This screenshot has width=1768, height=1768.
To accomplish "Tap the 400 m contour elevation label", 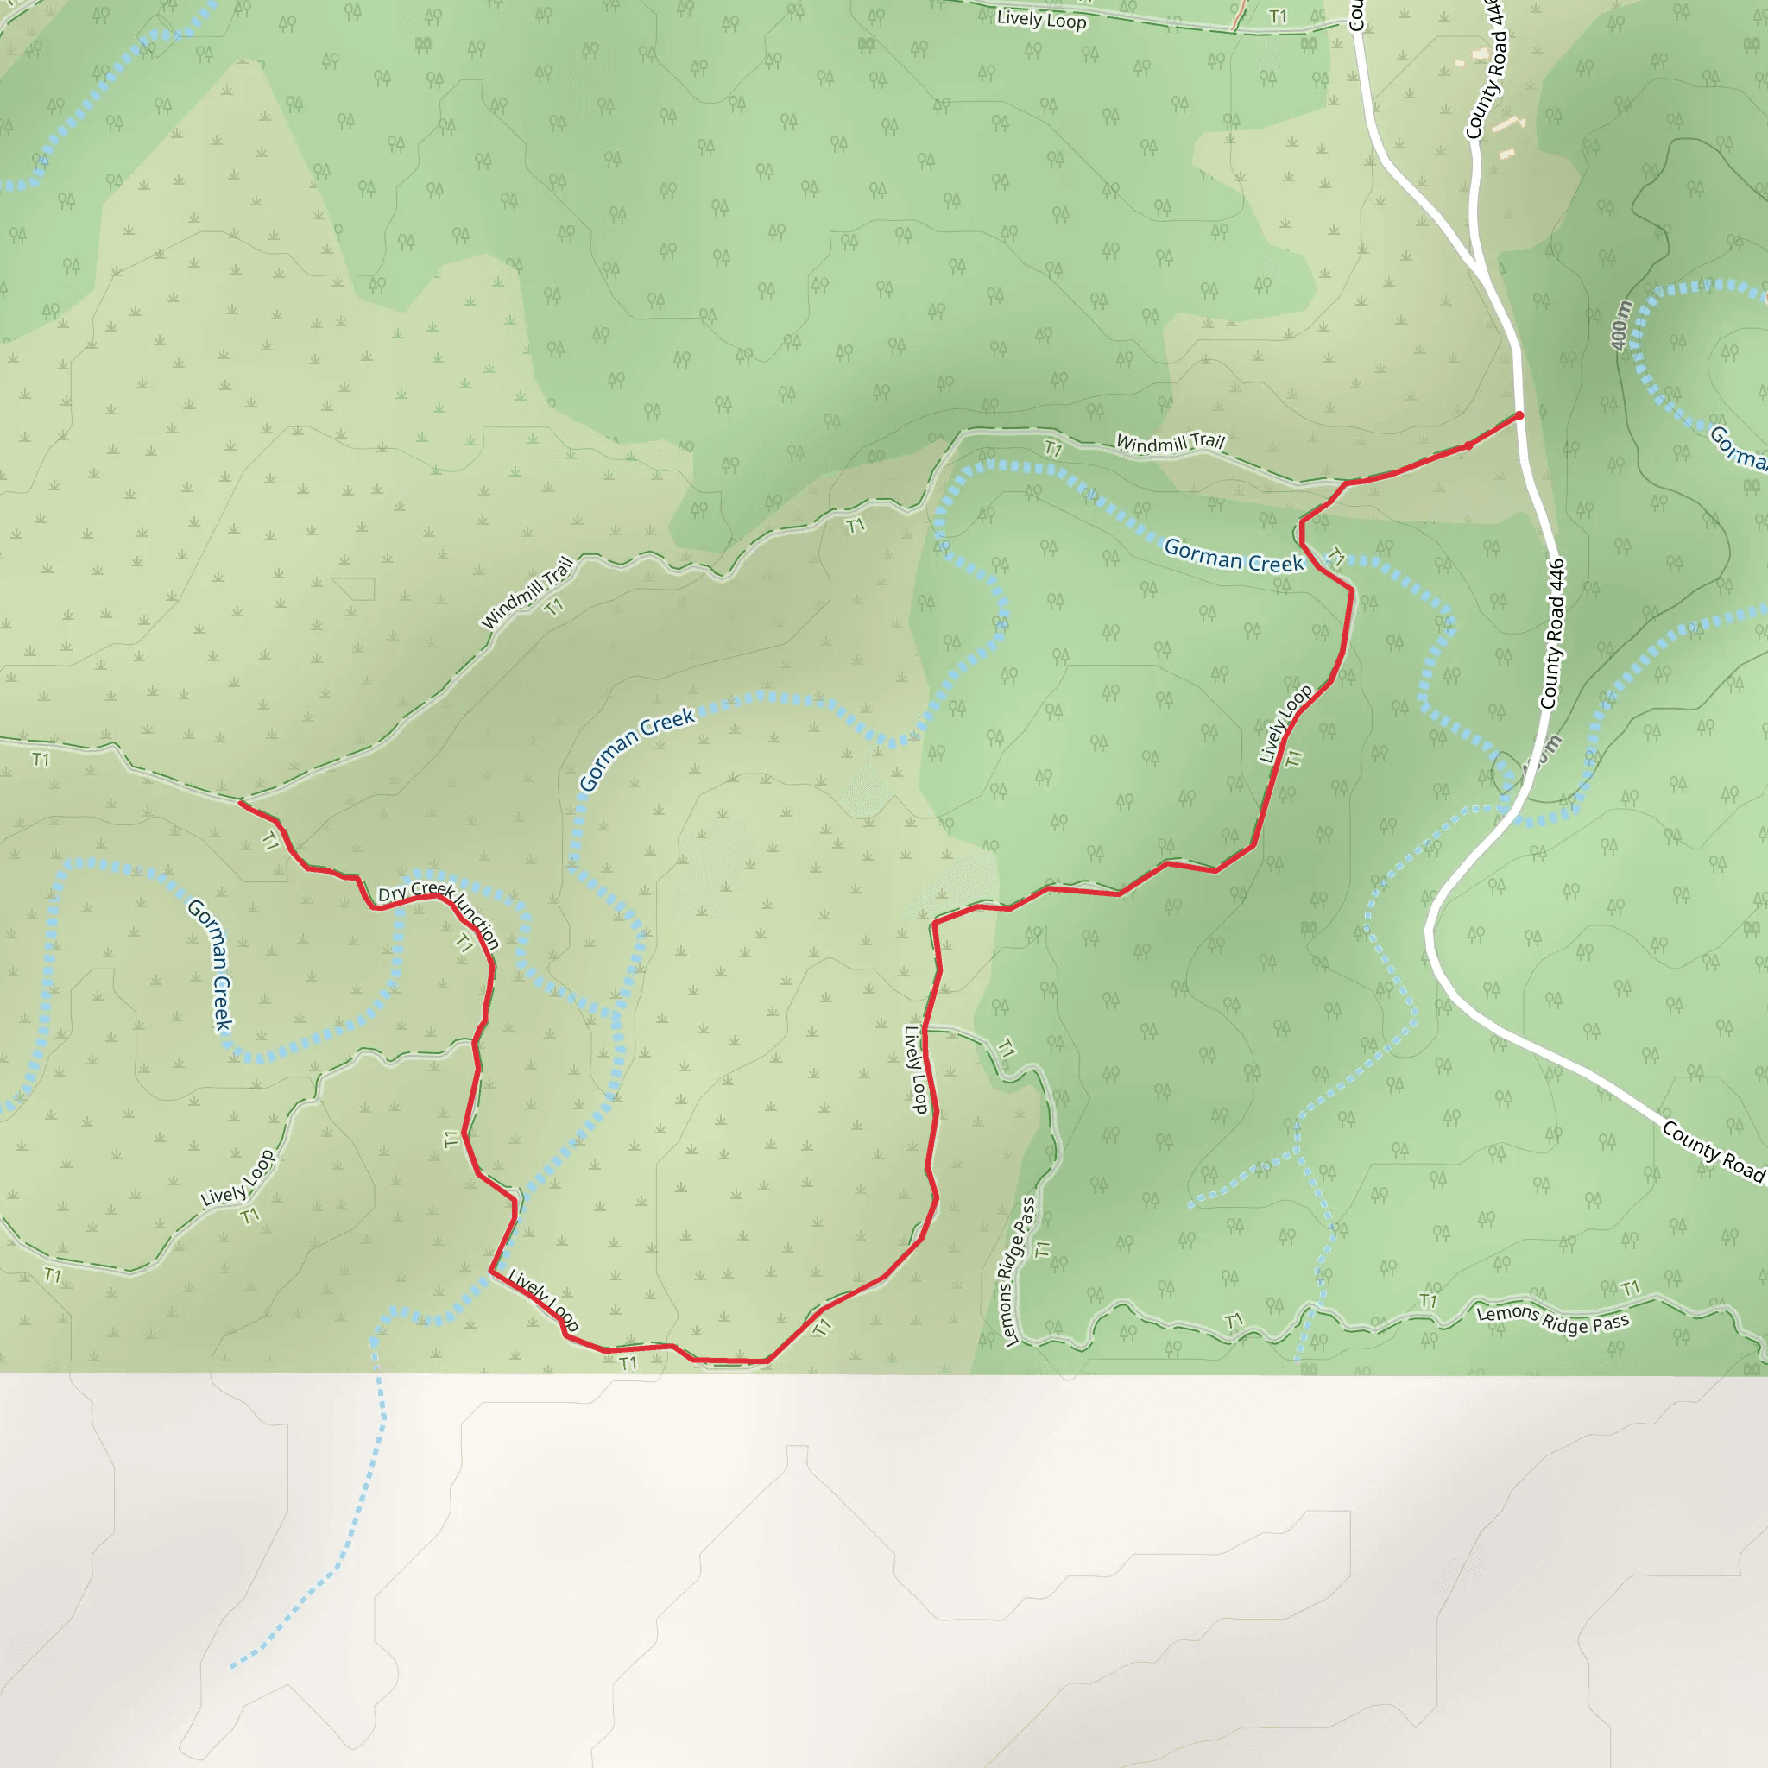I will [x=1620, y=325].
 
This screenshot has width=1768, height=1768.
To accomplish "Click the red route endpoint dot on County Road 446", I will [x=1519, y=415].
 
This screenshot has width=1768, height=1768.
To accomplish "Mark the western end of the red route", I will [x=241, y=803].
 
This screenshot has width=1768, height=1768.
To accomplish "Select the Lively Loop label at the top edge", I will [x=1041, y=19].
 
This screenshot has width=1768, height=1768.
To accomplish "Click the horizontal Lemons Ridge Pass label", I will [x=1552, y=1319].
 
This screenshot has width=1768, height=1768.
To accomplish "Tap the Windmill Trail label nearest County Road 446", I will [x=1170, y=443].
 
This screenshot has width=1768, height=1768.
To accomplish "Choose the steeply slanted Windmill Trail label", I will [x=527, y=594].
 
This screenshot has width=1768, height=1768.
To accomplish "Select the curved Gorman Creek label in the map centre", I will [x=637, y=748].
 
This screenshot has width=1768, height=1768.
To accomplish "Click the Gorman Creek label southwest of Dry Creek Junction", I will [x=211, y=964].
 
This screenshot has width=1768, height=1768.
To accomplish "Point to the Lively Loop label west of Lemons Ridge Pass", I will [x=916, y=1069].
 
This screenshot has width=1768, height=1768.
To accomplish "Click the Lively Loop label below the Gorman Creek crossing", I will [x=1285, y=723].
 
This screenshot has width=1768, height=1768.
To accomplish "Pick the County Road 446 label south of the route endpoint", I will [x=1552, y=635].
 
